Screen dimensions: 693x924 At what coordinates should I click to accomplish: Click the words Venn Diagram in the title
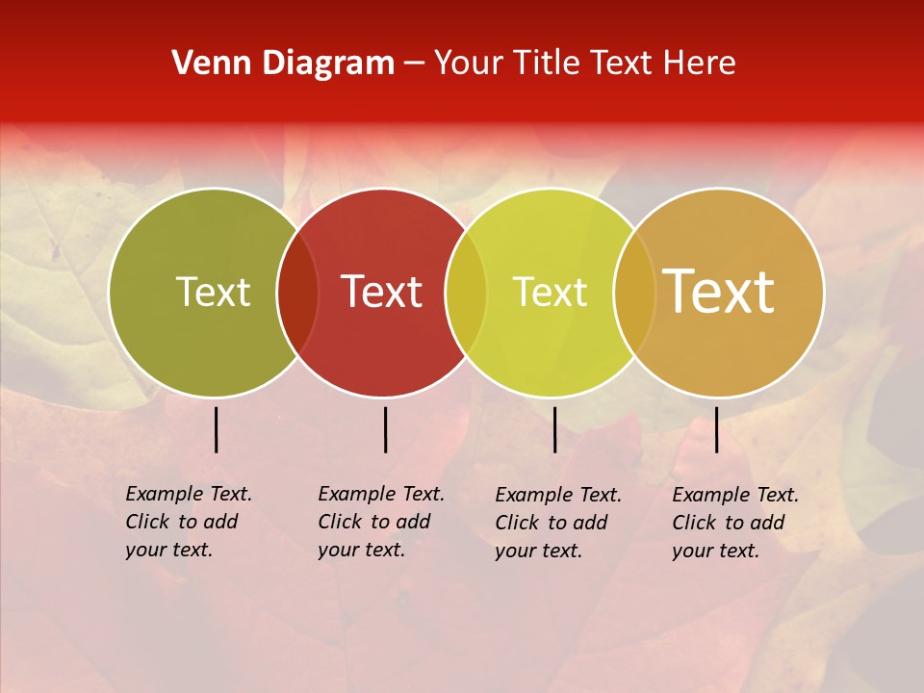point(283,64)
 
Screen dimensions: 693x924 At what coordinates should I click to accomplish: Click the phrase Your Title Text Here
point(584,64)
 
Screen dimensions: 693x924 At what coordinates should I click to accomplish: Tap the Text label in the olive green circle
point(213,292)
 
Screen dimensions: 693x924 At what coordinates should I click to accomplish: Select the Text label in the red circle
point(382,292)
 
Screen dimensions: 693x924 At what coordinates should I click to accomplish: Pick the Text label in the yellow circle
point(550,292)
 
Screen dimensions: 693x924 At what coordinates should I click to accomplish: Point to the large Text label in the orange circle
point(719,292)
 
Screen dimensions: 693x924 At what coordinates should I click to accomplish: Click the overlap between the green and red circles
point(297,293)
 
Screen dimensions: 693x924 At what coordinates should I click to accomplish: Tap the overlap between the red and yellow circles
point(466,293)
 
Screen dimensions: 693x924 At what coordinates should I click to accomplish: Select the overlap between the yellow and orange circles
point(634,293)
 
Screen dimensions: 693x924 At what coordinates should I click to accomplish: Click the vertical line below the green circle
point(216,429)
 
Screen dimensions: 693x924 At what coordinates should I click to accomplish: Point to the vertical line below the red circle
point(385,429)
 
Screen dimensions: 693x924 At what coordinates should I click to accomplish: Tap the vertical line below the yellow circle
point(554,429)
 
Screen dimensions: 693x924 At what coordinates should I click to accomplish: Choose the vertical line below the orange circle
point(716,429)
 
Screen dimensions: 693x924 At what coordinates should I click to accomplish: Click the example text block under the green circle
point(189,522)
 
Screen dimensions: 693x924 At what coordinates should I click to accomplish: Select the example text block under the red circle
point(381,522)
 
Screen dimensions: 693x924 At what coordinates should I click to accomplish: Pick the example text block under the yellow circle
point(558,523)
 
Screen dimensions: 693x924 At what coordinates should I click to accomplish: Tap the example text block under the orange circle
point(735,523)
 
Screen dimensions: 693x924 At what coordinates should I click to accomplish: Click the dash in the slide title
point(414,64)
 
